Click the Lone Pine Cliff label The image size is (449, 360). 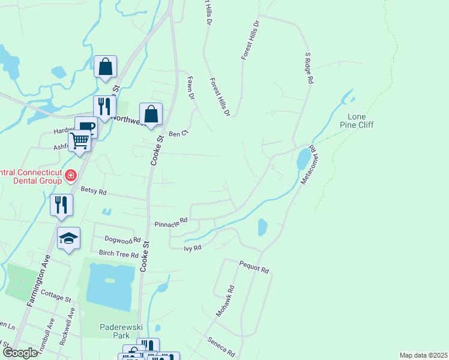pyautogui.click(x=361, y=121)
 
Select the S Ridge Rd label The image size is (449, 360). pyautogui.click(x=310, y=68)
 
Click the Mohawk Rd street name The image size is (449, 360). pyautogui.click(x=226, y=302)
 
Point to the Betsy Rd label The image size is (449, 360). pyautogui.click(x=93, y=193)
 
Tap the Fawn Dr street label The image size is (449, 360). pyautogui.click(x=191, y=88)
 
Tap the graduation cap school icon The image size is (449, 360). pyautogui.click(x=69, y=238)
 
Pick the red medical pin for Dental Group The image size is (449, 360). pyautogui.click(x=71, y=176)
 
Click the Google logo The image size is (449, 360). pyautogui.click(x=19, y=353)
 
